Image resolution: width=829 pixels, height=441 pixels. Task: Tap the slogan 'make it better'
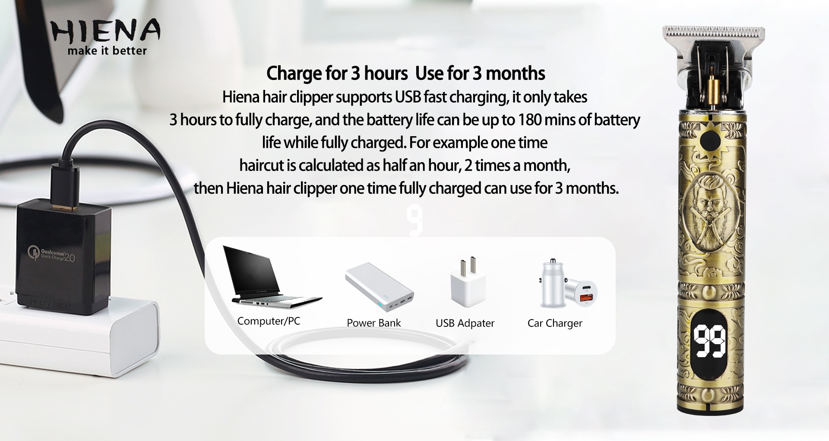click(x=107, y=51)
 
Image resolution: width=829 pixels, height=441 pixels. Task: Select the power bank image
click(x=379, y=288)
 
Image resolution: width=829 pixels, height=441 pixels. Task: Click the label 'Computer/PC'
click(x=269, y=321)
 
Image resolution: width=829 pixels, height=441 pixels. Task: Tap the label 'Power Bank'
click(x=374, y=323)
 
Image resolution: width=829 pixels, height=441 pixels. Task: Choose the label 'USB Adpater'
click(x=465, y=323)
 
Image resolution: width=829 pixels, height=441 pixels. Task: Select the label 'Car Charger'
click(x=555, y=323)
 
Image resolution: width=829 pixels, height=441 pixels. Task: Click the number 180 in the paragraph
click(x=530, y=120)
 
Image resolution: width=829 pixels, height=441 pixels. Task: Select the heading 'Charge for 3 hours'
click(x=337, y=73)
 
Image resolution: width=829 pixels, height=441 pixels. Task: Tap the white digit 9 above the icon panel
click(x=414, y=220)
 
